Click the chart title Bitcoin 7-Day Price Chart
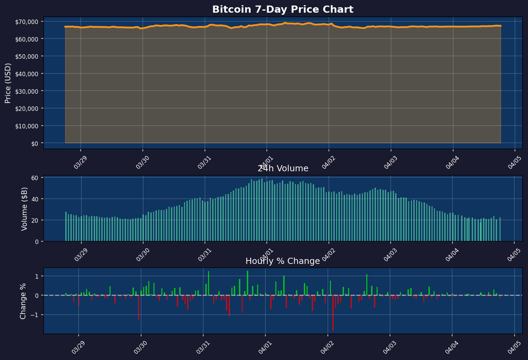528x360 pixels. (x=282, y=9)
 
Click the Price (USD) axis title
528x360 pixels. (x=7, y=83)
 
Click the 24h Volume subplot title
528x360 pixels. (x=283, y=169)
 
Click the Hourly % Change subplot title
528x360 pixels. (x=282, y=261)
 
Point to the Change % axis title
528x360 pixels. (x=24, y=301)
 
